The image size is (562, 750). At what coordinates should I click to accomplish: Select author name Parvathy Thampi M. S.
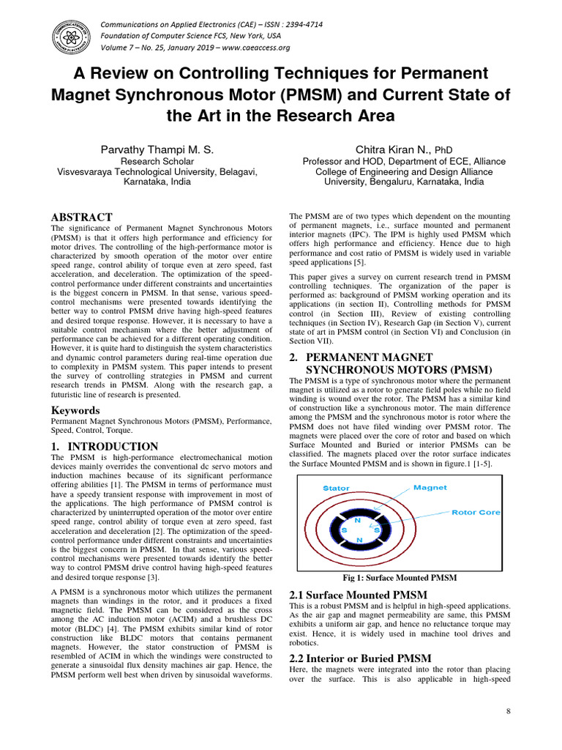click(157, 149)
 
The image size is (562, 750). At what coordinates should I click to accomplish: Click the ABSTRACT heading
click(81, 218)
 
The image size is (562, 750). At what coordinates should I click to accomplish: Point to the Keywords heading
click(75, 411)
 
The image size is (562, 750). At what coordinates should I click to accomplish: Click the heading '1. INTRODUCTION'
click(104, 446)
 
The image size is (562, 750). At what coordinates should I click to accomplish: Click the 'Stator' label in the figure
click(337, 488)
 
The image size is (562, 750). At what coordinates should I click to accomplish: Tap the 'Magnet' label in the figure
click(430, 487)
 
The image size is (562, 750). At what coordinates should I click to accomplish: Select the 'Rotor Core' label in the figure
click(476, 513)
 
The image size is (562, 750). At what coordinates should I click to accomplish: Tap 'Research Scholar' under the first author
click(157, 161)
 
